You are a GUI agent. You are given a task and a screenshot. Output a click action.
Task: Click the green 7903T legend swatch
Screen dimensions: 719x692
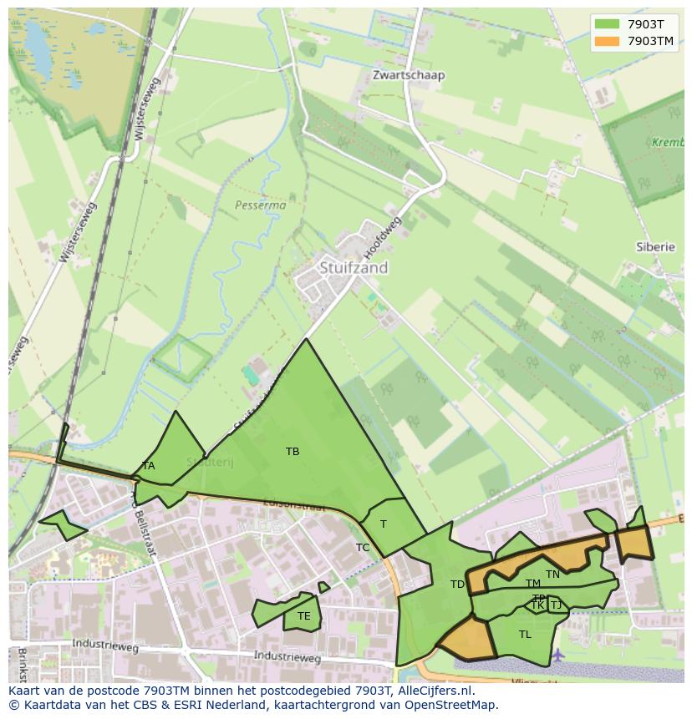[x=608, y=24]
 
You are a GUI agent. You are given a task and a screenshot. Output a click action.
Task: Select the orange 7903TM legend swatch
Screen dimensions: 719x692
[x=608, y=41]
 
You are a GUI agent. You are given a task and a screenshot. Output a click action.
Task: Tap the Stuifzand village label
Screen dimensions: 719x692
[x=354, y=268]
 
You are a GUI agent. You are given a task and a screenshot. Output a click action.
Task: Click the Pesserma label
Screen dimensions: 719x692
[x=260, y=205]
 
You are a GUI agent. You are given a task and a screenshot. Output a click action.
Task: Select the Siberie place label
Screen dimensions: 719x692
[x=654, y=247]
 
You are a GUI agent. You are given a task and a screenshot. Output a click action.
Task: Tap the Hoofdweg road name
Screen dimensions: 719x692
[x=384, y=236]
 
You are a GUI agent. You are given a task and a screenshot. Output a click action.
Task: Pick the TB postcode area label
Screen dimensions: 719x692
[x=293, y=452]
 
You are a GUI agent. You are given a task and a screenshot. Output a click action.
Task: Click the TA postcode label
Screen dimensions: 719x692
[x=148, y=466]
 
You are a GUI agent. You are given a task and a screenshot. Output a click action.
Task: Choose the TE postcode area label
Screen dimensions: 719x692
[x=303, y=616]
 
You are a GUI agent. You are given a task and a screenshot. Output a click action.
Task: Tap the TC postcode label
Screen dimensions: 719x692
[x=363, y=548]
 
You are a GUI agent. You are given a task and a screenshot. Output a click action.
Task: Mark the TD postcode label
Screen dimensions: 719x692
[x=457, y=585]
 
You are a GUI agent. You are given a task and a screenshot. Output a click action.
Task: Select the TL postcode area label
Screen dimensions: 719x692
[x=525, y=635]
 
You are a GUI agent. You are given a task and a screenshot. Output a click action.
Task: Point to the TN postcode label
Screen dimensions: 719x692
[x=552, y=574]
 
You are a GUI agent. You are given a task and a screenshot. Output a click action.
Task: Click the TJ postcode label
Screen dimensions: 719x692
[x=556, y=605]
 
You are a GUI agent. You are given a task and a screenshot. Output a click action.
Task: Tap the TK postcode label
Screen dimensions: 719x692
[x=537, y=605]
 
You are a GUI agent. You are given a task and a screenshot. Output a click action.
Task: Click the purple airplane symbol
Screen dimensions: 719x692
[x=558, y=653]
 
